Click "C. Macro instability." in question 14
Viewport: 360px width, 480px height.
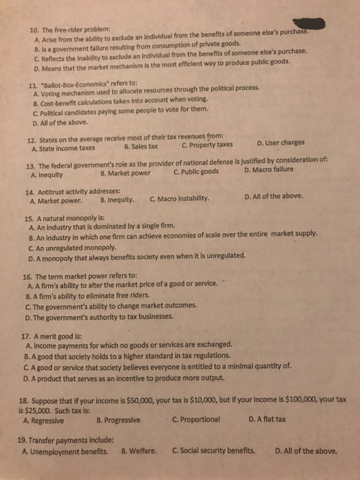point(180,202)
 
